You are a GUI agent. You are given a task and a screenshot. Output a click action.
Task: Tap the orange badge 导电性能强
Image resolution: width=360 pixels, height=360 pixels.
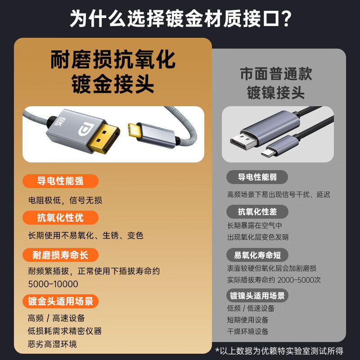(60, 181)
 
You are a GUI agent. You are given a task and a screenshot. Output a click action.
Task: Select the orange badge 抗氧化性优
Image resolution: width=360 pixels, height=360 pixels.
(60, 218)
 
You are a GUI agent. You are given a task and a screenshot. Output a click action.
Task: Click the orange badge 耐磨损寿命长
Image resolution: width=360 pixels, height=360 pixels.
(60, 255)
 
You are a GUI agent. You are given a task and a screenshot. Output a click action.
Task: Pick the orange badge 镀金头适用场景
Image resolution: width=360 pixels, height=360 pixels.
(60, 301)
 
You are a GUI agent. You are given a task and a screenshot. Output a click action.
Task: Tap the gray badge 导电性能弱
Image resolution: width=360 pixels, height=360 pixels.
(256, 177)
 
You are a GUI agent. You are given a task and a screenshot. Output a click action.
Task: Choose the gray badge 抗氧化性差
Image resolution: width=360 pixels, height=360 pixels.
(256, 211)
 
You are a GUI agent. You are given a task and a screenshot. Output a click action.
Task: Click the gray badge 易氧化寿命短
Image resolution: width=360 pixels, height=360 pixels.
(257, 255)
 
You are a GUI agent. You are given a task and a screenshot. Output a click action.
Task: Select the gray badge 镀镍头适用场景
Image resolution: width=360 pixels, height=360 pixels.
(257, 296)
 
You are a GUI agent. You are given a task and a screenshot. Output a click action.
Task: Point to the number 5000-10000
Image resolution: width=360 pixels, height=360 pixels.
(53, 284)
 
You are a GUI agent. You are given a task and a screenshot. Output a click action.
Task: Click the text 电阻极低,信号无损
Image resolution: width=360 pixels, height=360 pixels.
(65, 200)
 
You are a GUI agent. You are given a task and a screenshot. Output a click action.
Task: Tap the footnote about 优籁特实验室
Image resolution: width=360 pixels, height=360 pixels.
(279, 351)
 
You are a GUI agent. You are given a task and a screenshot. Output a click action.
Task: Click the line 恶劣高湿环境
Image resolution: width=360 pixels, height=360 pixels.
(52, 344)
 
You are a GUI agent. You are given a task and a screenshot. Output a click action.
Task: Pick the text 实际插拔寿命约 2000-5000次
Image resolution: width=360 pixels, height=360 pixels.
(274, 279)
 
